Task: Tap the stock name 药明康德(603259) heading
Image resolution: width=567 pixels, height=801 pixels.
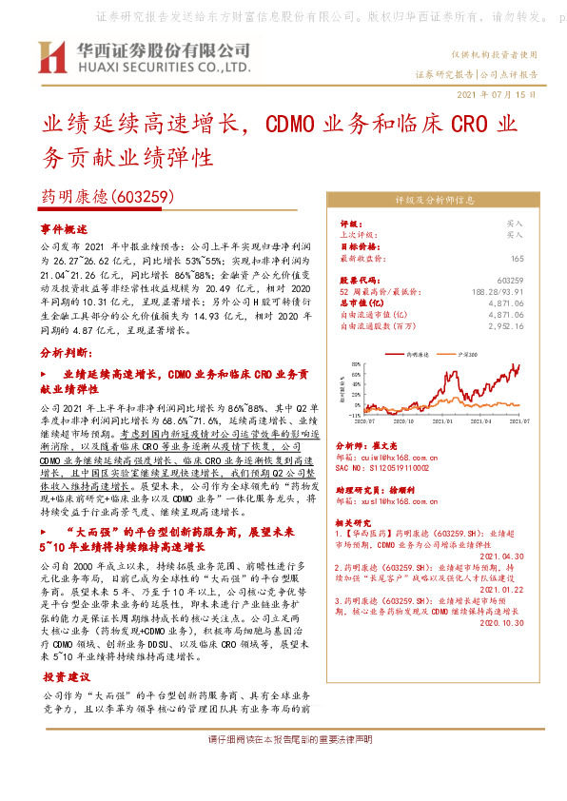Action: [105, 197]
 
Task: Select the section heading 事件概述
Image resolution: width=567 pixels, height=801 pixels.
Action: [65, 229]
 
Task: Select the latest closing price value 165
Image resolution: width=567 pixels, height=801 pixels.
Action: [517, 258]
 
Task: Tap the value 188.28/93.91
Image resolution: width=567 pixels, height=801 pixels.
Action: [504, 289]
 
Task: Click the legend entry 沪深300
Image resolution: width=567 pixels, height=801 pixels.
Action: [469, 353]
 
